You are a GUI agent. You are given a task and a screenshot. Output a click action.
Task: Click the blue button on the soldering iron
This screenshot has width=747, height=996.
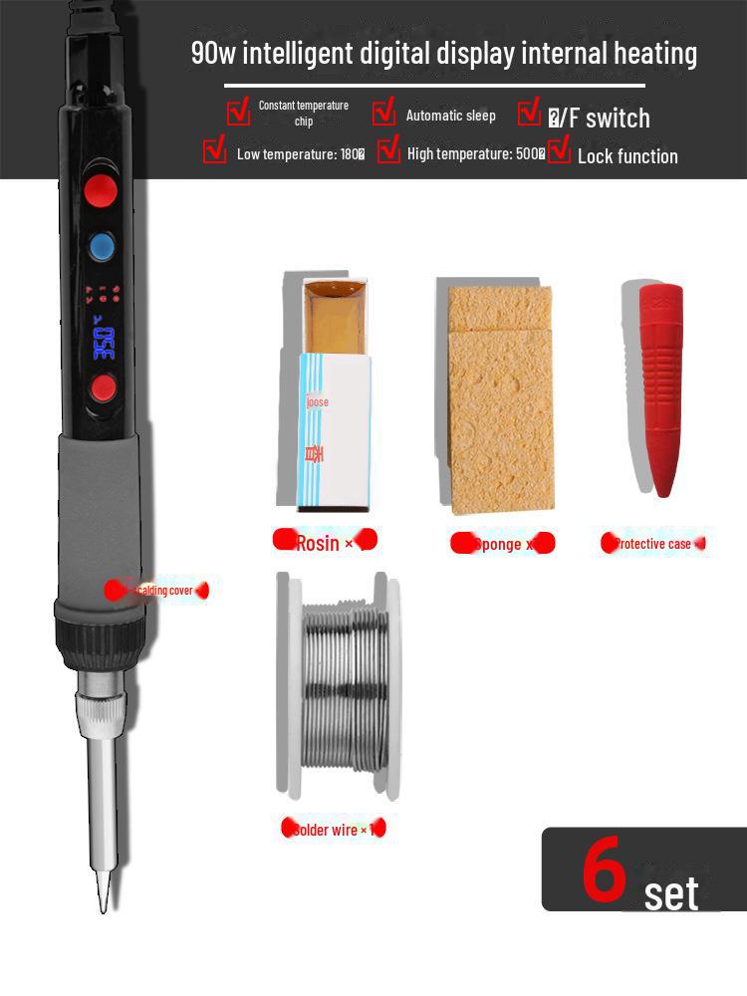[102, 246]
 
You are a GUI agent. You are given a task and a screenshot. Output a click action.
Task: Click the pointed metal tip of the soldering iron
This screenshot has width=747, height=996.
[102, 891]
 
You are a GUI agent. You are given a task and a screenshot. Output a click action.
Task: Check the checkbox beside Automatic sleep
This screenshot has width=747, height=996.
[384, 114]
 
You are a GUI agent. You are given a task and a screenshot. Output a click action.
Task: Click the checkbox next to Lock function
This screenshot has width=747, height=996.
[559, 151]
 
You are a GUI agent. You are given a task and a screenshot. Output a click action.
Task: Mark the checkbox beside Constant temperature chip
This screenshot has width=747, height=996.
[238, 112]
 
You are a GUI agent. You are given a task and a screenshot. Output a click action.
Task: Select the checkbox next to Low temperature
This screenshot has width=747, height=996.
[214, 151]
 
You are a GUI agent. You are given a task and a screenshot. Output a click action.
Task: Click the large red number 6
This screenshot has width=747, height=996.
[604, 868]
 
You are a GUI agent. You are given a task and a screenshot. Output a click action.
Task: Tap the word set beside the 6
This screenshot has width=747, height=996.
[671, 893]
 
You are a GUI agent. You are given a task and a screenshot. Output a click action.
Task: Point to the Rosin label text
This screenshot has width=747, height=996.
[318, 544]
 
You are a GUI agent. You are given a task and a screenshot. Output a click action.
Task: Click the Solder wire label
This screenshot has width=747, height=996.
[330, 830]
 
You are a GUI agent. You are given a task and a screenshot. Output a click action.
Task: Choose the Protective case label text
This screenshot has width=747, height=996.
[652, 544]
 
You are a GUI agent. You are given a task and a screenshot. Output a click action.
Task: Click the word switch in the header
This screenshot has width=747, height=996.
[618, 119]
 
